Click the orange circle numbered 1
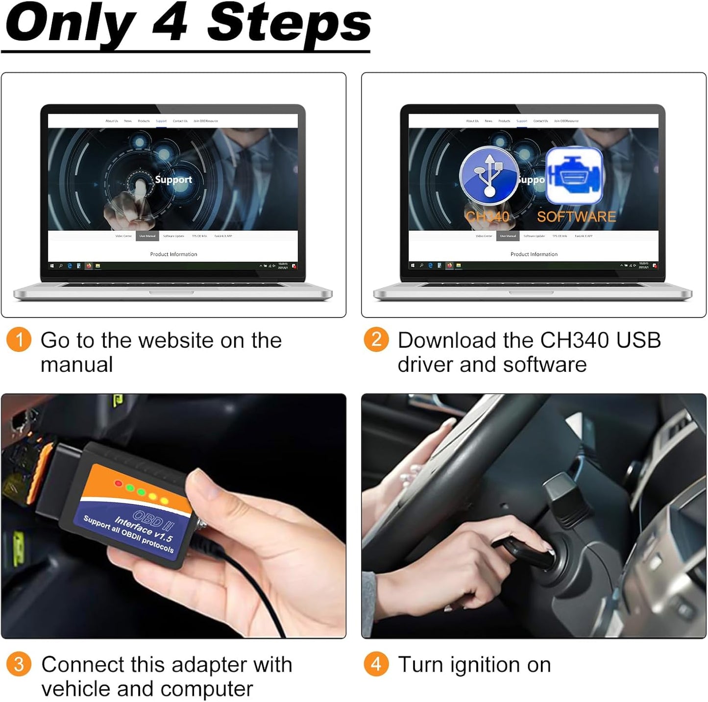tap(19, 339)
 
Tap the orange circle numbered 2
tap(376, 339)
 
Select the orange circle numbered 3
tap(19, 664)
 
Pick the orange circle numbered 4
tap(376, 664)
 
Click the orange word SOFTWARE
tap(576, 217)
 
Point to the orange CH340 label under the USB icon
tap(487, 217)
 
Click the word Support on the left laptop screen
tap(173, 180)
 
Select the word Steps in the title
tap(289, 24)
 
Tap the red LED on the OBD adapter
tap(118, 484)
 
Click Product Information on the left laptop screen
tap(173, 254)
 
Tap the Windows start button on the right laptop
tap(413, 266)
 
